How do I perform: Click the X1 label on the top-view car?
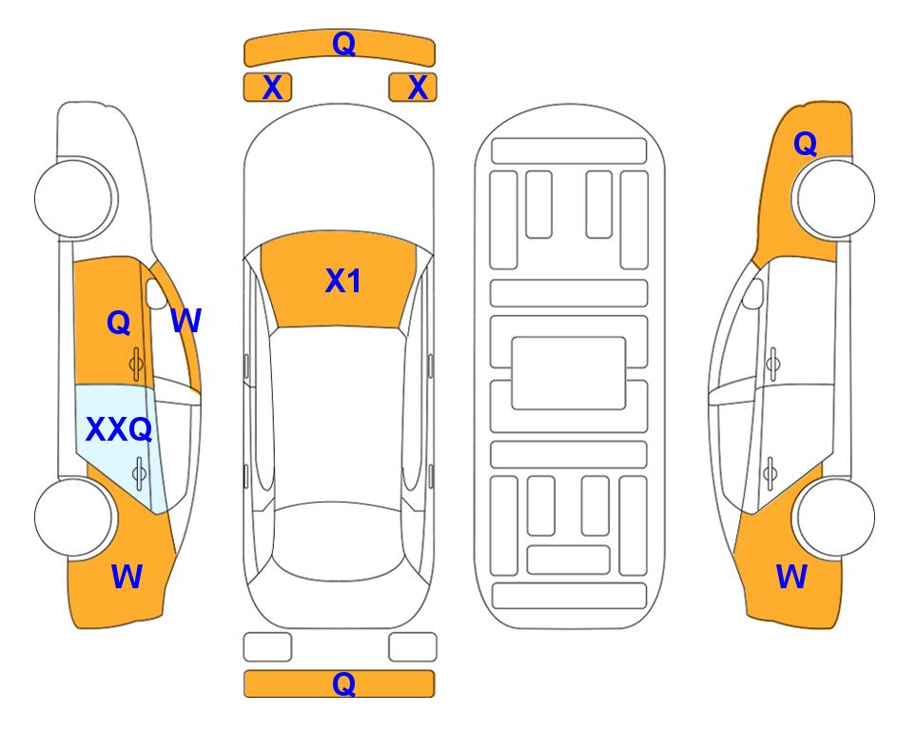click(342, 281)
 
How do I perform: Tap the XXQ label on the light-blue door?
click(119, 430)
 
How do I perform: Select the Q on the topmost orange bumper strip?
click(343, 44)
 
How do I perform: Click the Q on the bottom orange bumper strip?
click(343, 683)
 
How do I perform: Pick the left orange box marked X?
click(267, 88)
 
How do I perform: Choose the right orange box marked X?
click(413, 88)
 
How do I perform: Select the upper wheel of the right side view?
click(834, 198)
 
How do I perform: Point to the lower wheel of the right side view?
click(834, 516)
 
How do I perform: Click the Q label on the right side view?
click(805, 144)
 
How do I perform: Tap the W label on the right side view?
click(791, 576)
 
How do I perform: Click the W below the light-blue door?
click(127, 576)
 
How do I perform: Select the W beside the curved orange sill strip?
click(185, 321)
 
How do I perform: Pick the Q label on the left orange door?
click(118, 323)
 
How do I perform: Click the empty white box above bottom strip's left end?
click(267, 646)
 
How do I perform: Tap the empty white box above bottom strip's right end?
click(413, 646)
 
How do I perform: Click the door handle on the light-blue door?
click(139, 469)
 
